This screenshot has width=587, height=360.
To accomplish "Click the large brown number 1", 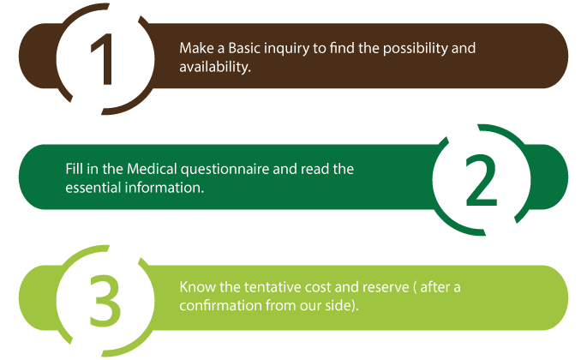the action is click(x=102, y=59).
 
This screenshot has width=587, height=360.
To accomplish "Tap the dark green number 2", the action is click(x=482, y=180).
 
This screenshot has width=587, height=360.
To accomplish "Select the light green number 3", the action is click(x=105, y=301).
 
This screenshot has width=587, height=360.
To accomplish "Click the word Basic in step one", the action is click(x=243, y=48).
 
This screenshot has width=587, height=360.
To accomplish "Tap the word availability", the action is click(x=215, y=68).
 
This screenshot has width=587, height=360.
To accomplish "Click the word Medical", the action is click(x=152, y=169).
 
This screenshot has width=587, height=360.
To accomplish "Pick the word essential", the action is click(x=93, y=188).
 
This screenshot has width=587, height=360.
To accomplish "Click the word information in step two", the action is click(x=165, y=188).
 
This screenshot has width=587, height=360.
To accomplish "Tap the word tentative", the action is click(x=273, y=287).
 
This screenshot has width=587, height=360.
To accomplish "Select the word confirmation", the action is click(x=220, y=305).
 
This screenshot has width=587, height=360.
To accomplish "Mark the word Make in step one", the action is click(x=196, y=48).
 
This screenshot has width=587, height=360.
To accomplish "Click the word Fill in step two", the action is click(x=74, y=169).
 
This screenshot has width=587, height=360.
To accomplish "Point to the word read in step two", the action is click(x=314, y=169).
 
